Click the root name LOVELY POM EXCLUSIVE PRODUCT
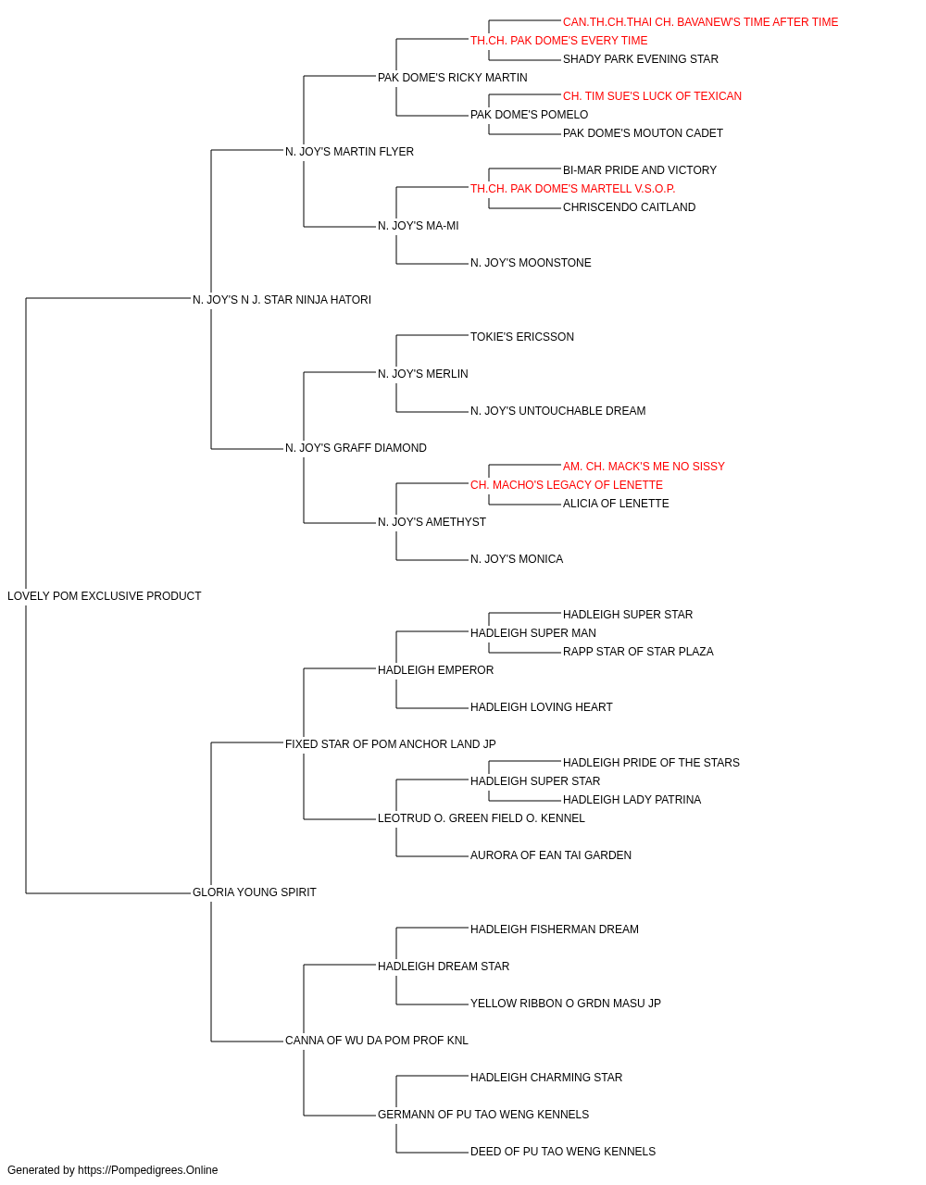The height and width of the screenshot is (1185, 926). click(x=104, y=596)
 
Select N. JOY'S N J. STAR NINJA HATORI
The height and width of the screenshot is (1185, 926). click(x=282, y=300)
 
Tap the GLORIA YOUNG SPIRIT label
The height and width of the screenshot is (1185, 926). click(x=254, y=892)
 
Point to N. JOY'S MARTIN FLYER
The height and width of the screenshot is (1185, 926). click(x=349, y=152)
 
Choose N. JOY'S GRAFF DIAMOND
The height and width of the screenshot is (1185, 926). click(x=356, y=448)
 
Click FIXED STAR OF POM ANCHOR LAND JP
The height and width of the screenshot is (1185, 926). click(x=391, y=743)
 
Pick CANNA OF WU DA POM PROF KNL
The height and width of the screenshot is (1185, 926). click(x=376, y=1040)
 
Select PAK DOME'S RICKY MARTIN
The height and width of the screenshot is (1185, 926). click(x=452, y=78)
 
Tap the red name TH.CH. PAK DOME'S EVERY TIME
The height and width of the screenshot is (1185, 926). click(x=558, y=41)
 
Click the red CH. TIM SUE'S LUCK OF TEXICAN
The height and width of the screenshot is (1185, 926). click(x=652, y=96)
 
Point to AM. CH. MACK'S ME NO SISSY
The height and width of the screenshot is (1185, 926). click(x=644, y=467)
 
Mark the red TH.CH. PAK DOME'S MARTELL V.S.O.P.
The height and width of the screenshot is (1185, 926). click(x=572, y=189)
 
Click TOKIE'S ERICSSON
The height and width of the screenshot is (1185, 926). click(x=522, y=336)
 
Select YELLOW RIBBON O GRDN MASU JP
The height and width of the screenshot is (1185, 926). click(x=566, y=1003)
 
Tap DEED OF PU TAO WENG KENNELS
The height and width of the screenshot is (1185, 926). click(x=563, y=1151)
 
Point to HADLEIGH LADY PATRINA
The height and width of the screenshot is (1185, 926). click(x=632, y=800)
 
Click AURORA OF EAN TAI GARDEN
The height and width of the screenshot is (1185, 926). click(x=551, y=855)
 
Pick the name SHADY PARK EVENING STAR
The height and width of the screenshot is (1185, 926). click(x=640, y=59)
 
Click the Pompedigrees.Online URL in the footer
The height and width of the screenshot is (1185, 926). click(x=148, y=1170)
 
